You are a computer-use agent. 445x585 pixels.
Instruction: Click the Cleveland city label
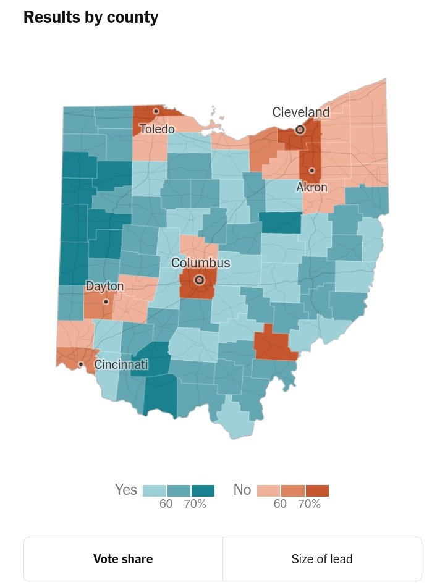coord(301,112)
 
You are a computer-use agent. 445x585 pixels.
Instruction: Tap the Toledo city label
coord(157,129)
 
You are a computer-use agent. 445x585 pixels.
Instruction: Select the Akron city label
coord(311,187)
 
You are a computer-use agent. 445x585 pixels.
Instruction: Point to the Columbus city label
coord(200,263)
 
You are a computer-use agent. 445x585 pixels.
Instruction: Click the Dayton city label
coord(104,287)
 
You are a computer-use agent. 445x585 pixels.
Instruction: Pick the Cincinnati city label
coord(121,364)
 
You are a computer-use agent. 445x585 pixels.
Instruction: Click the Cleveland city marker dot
coord(300,130)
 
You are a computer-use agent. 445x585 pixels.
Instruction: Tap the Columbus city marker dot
coord(199,280)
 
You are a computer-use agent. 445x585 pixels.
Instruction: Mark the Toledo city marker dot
coord(156,111)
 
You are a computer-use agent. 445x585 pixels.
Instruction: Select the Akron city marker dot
coord(311,170)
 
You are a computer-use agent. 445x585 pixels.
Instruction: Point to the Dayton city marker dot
coord(106,301)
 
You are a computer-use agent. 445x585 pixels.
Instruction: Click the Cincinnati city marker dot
coord(80,364)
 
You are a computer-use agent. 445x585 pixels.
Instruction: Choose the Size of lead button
coord(322,559)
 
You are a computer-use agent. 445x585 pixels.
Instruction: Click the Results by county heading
coord(91,18)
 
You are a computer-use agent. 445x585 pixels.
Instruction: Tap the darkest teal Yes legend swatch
coord(203,490)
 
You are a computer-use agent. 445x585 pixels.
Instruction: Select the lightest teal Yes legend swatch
coord(155,490)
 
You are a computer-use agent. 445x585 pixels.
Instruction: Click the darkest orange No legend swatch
coord(317,490)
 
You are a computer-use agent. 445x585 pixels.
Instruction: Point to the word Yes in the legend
coord(126,490)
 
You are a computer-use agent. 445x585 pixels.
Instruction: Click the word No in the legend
coord(242,490)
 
